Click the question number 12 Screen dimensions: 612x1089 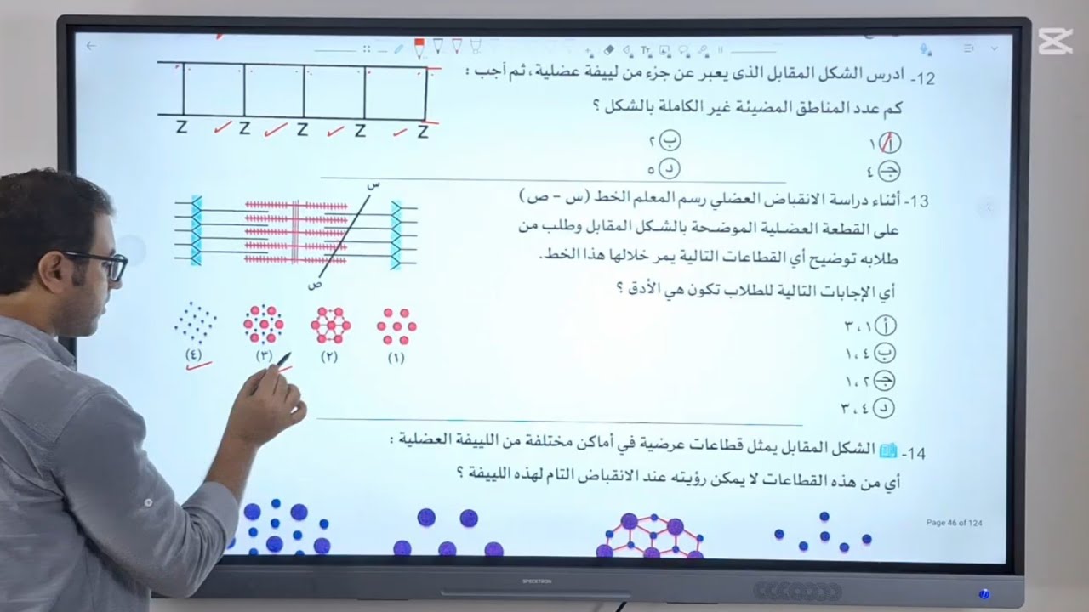[924, 79]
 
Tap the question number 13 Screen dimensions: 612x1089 [917, 201]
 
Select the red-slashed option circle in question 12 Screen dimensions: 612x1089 [889, 143]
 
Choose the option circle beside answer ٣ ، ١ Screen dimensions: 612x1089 [885, 326]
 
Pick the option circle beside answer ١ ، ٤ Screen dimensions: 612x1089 [885, 353]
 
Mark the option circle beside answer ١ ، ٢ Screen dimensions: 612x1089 [885, 381]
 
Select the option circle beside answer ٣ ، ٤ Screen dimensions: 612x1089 [885, 409]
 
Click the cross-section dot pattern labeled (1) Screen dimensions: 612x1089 [396, 326]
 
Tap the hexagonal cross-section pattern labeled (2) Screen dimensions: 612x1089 [329, 326]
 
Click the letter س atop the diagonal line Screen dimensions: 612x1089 [372, 184]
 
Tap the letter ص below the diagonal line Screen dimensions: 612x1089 [315, 286]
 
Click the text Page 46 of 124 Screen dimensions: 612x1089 [954, 523]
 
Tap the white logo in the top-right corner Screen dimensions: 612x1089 [1055, 40]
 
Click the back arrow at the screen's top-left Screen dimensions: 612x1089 [92, 46]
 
